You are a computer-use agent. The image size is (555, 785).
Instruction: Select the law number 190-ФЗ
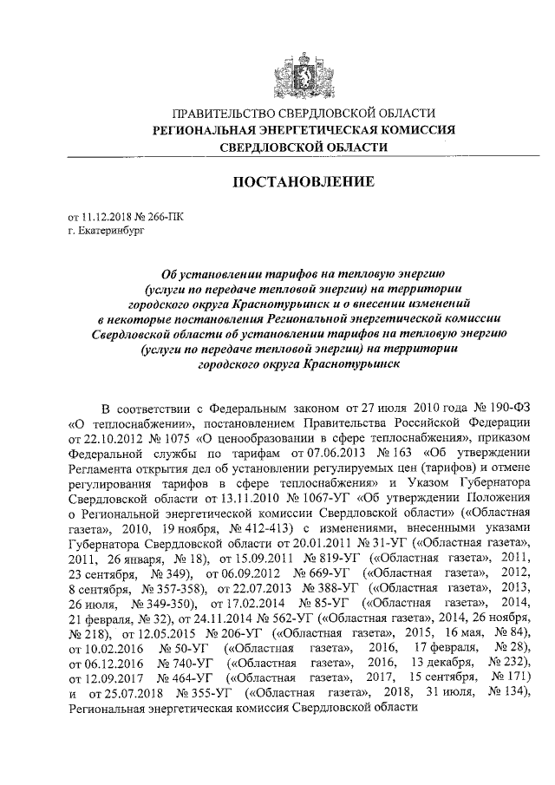pos(505,409)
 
